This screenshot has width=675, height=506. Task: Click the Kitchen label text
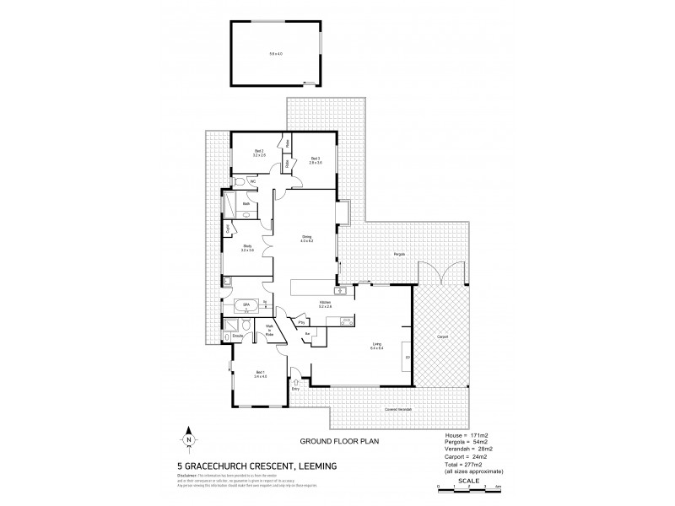pos(324,303)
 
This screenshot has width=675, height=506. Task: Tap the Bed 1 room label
pos(261,374)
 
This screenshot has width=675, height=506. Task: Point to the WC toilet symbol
pos(240,181)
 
